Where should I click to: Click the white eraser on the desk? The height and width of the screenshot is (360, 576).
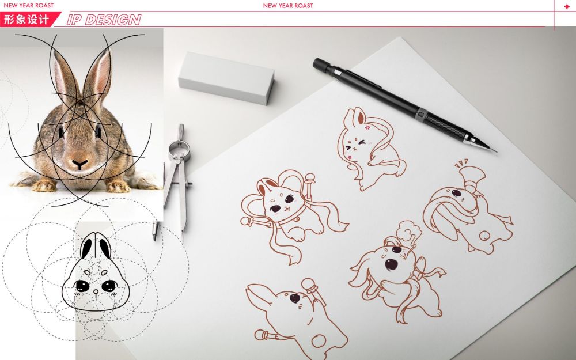pos(226,78)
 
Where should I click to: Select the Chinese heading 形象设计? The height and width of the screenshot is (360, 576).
pos(26,20)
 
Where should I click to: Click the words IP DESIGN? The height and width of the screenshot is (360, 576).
pos(104,20)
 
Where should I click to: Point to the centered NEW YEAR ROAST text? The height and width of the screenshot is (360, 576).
pos(288,6)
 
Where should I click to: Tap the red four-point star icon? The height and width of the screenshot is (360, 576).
pos(567,6)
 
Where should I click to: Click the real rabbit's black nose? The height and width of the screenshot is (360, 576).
pos(79,164)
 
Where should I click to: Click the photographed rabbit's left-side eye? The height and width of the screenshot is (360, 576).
pos(60,132)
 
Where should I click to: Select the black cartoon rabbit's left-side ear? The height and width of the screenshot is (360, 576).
pos(86,248)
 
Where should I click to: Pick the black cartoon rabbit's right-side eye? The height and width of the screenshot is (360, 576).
pos(109,286)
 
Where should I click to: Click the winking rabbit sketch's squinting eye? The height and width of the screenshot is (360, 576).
pos(362,142)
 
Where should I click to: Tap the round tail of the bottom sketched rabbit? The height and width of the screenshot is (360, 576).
pos(319,340)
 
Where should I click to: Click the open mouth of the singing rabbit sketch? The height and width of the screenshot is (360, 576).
pos(391,264)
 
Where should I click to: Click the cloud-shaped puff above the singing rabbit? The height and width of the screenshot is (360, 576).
pos(409,230)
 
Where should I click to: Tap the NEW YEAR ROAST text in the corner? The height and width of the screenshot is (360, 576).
pos(28,6)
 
